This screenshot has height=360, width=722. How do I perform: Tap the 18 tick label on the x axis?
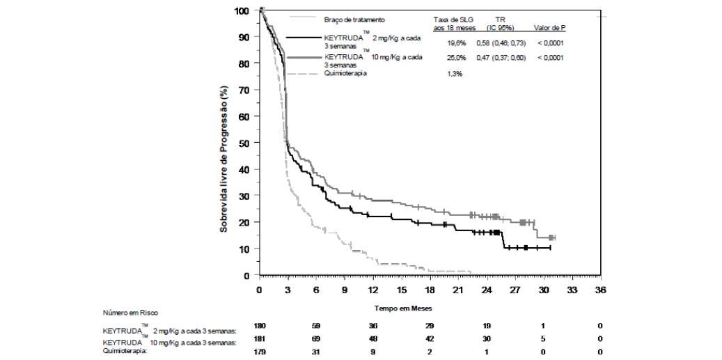[430, 289]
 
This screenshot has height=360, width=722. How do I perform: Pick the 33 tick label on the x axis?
[572, 289]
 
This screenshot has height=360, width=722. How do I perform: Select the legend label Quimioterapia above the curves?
[347, 73]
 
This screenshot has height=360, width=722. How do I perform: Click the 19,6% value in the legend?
[457, 43]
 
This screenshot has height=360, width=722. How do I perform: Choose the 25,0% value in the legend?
[457, 57]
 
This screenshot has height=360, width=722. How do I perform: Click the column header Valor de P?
[549, 28]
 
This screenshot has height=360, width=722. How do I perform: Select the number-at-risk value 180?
[260, 326]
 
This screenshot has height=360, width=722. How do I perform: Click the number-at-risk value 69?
[316, 339]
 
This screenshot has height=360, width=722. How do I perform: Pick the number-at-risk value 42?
[430, 339]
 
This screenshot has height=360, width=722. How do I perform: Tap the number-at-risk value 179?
[260, 352]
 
